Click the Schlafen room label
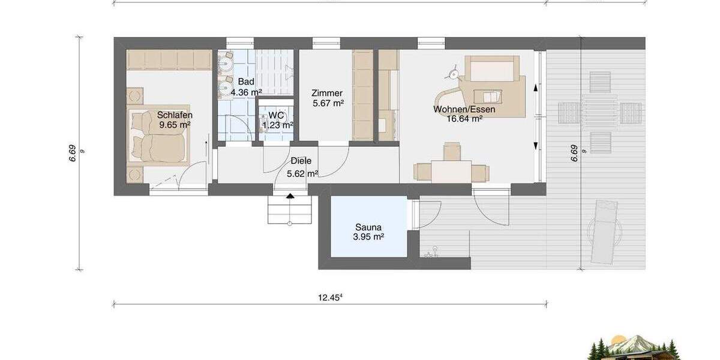coord(175,115)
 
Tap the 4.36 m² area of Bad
coord(246,92)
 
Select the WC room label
coord(276,115)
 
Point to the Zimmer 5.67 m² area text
coord(328,103)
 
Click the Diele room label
coord(301,161)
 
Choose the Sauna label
coord(368,227)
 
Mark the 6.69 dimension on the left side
coord(73,154)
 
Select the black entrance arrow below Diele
coord(290,195)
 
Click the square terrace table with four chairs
coord(600,112)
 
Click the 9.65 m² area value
coord(175,125)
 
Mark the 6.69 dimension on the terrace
coord(574,154)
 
